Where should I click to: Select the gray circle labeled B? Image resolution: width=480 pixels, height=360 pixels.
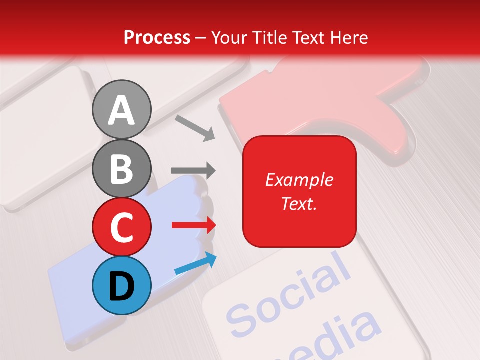click(x=122, y=168)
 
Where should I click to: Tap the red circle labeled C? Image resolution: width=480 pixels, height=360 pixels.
click(x=122, y=226)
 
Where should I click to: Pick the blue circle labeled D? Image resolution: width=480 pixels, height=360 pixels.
click(x=122, y=285)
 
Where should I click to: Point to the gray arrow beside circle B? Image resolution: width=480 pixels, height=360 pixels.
click(x=193, y=170)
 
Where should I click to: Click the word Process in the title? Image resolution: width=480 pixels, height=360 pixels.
click(x=157, y=38)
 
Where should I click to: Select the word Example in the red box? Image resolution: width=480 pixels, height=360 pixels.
click(x=299, y=180)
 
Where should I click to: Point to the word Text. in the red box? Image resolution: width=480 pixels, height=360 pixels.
click(x=299, y=203)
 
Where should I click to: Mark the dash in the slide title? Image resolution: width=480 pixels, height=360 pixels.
click(x=201, y=38)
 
